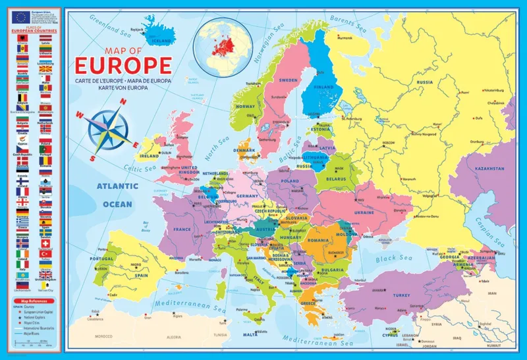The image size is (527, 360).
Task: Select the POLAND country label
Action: coord(290,180)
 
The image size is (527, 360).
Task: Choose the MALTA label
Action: coord(251,334)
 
